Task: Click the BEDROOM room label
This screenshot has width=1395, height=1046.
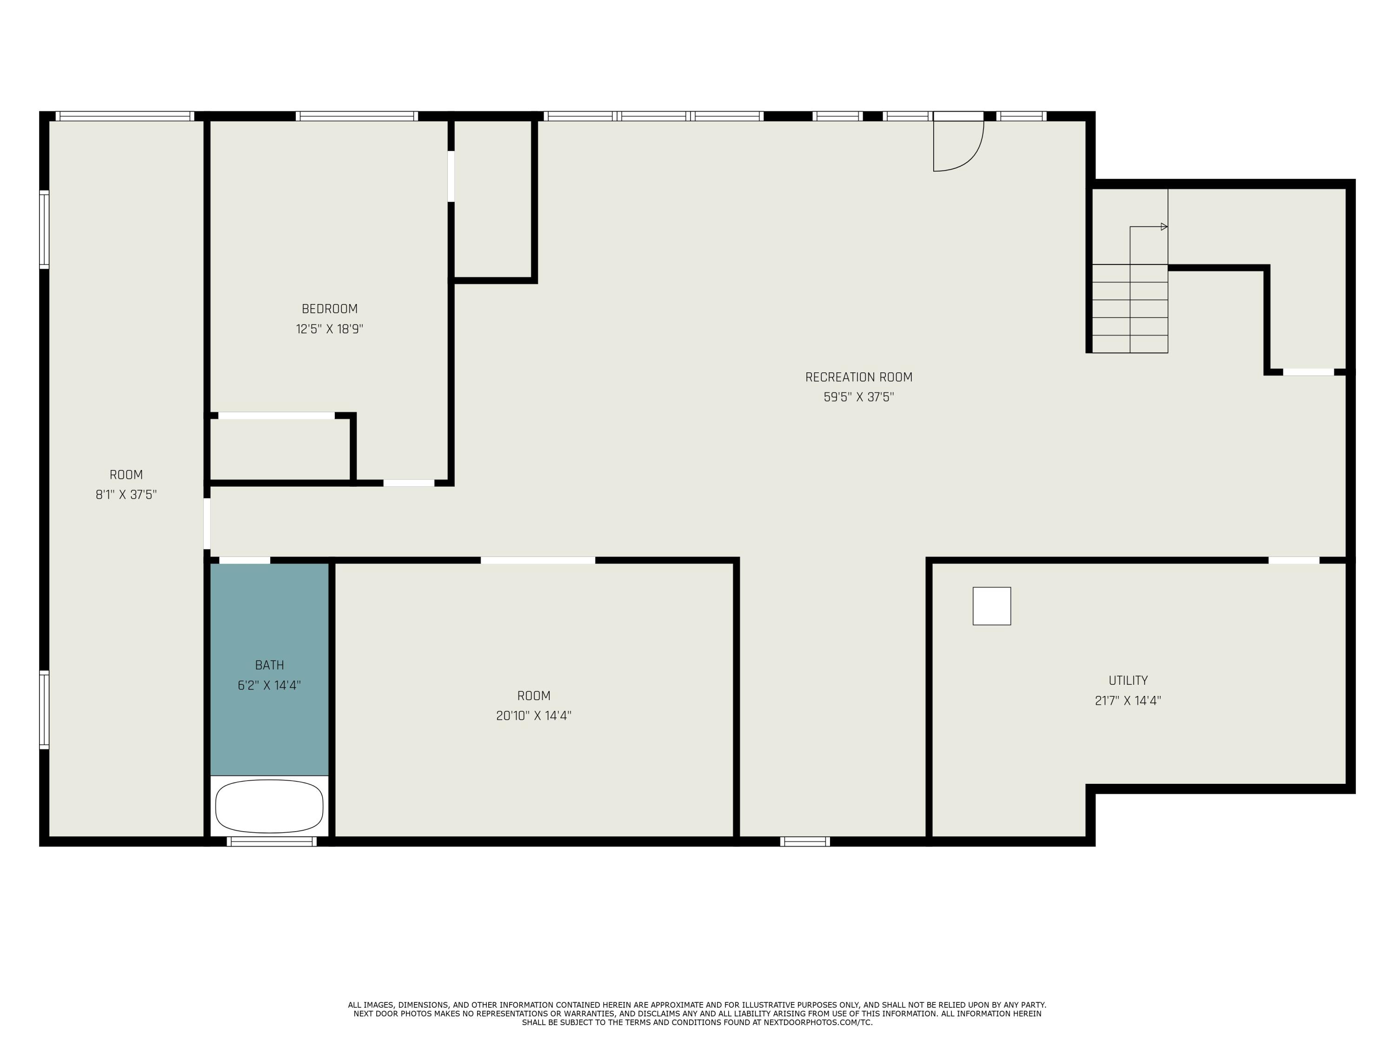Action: click(329, 309)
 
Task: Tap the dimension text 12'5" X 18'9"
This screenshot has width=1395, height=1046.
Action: click(329, 329)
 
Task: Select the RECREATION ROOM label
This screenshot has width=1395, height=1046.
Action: click(858, 377)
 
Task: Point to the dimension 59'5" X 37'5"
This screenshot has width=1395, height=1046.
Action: click(858, 397)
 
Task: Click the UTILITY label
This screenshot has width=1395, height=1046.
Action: click(1128, 680)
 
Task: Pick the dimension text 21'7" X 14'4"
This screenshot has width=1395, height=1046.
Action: click(1128, 701)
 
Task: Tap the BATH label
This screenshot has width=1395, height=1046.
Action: click(269, 665)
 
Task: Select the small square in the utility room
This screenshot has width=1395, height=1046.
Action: click(991, 606)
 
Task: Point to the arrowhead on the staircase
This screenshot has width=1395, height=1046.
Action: click(1164, 226)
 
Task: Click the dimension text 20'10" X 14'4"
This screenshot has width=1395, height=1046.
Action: click(533, 715)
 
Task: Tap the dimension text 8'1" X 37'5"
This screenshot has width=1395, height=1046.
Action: click(126, 495)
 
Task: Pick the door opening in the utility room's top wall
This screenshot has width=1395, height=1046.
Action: click(1294, 560)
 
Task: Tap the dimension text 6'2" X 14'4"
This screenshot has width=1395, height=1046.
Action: click(269, 685)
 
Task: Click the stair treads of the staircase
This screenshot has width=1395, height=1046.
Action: click(1129, 308)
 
